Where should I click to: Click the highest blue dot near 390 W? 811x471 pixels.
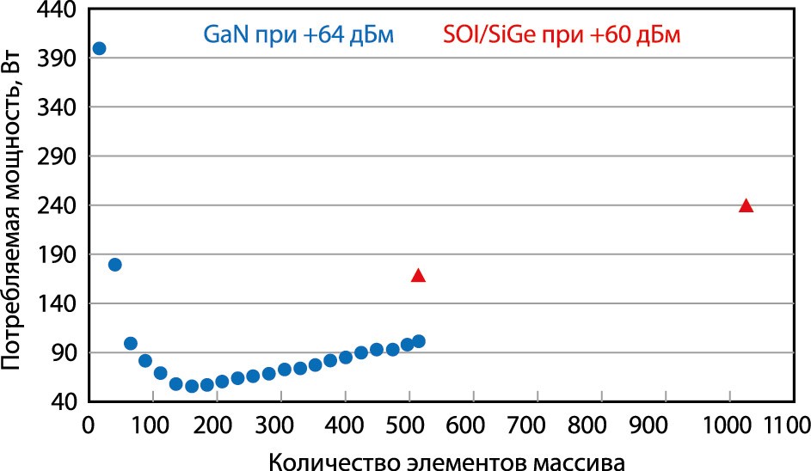pyautogui.click(x=99, y=48)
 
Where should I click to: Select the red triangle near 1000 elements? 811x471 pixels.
pyautogui.click(x=746, y=205)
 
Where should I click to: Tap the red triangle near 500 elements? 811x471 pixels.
pyautogui.click(x=419, y=276)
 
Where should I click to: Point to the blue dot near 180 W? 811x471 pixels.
pyautogui.click(x=115, y=265)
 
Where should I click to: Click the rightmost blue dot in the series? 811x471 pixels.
pyautogui.click(x=419, y=341)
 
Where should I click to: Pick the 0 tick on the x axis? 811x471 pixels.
pyautogui.click(x=87, y=425)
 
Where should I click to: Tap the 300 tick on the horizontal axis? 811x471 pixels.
pyautogui.click(x=280, y=425)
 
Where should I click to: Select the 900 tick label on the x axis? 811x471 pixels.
pyautogui.click(x=666, y=425)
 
